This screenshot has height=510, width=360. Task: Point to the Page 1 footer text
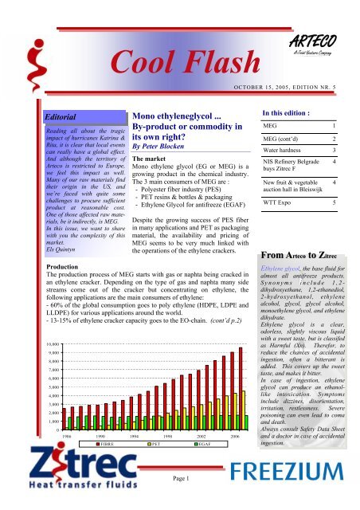[181, 499]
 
